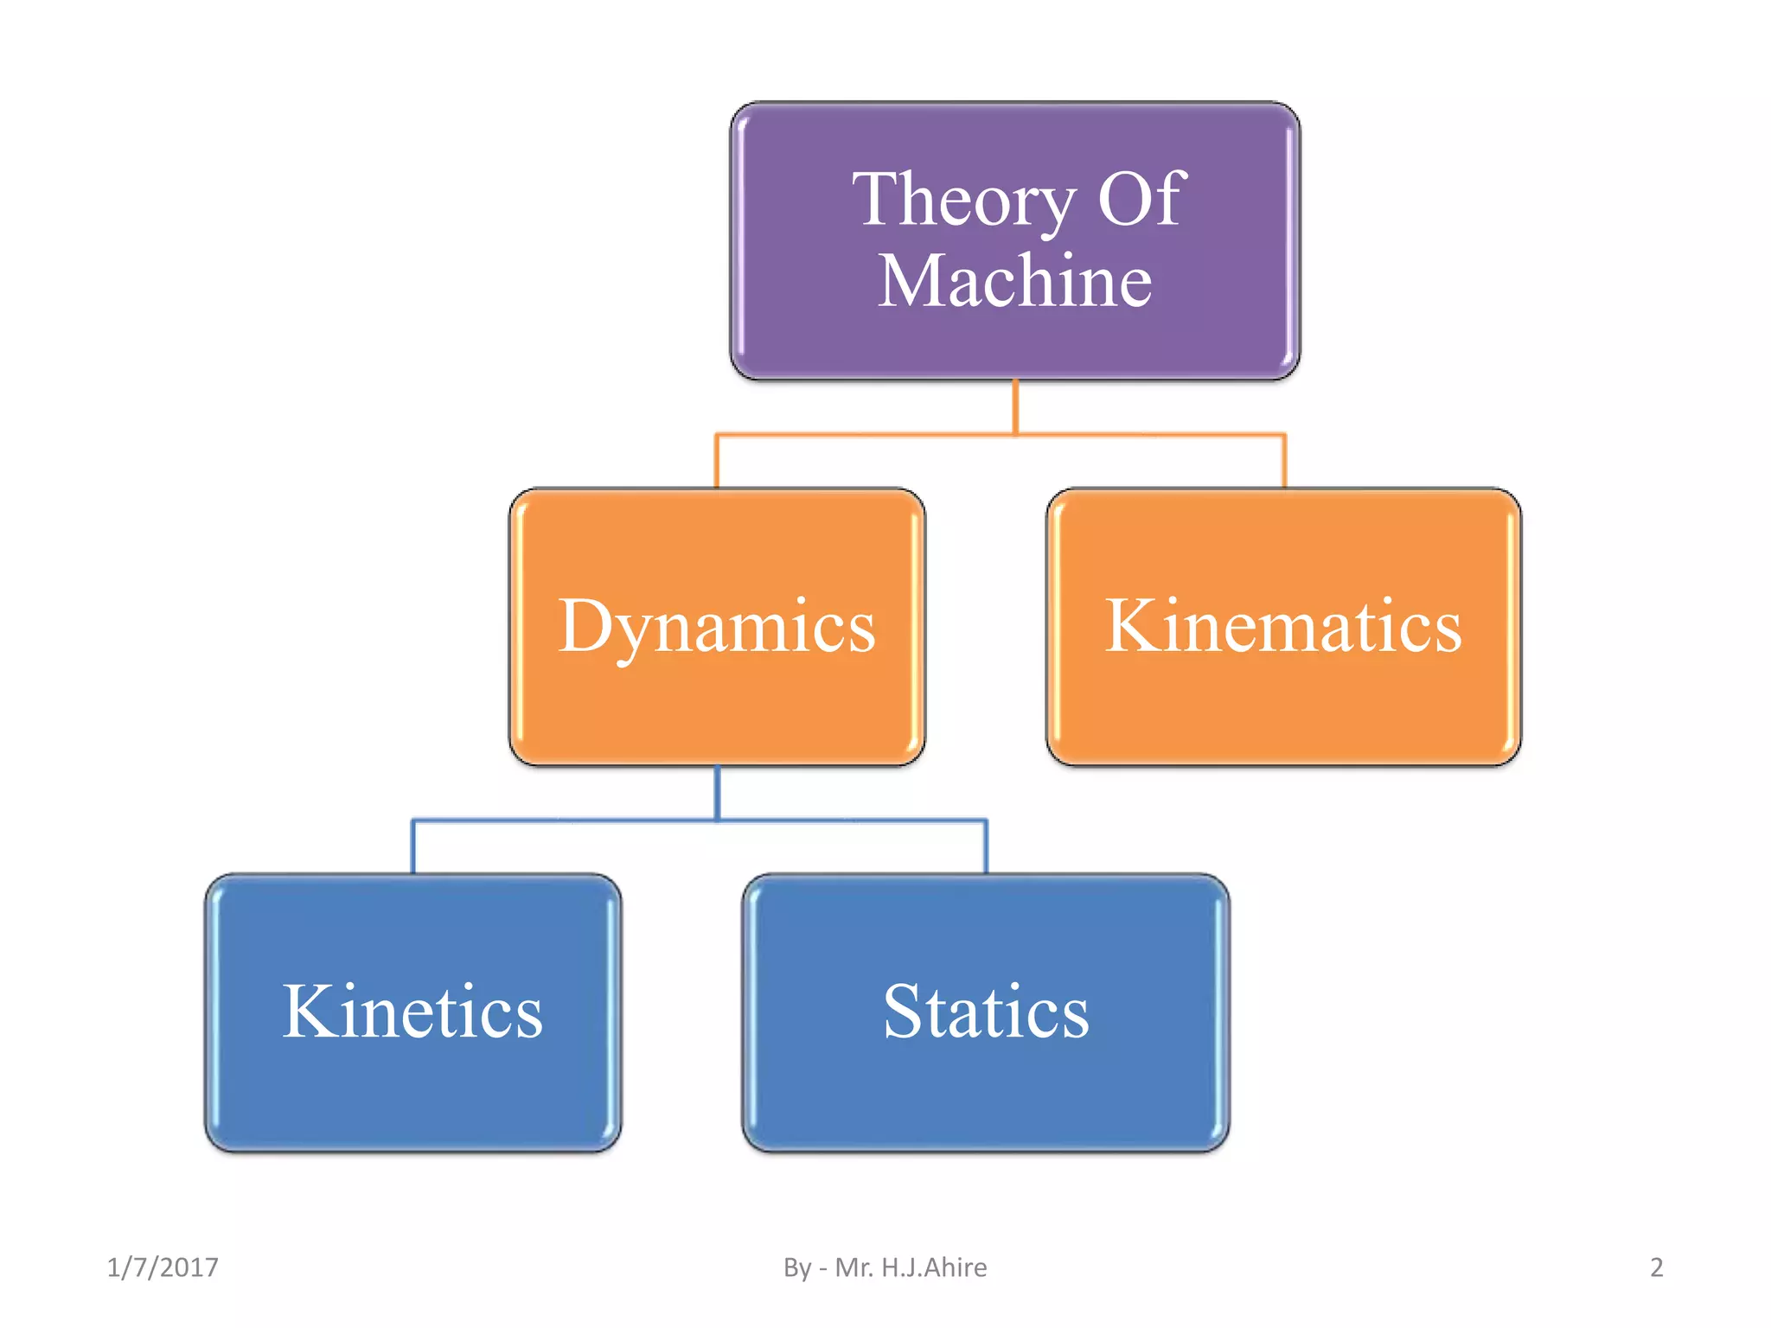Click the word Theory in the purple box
pyautogui.click(x=962, y=201)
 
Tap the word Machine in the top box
pyautogui.click(x=1015, y=281)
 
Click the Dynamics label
pyautogui.click(x=717, y=627)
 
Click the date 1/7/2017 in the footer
pyautogui.click(x=163, y=1267)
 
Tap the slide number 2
pyautogui.click(x=1656, y=1267)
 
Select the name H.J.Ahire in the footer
pyautogui.click(x=934, y=1267)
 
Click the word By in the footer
pyautogui.click(x=796, y=1267)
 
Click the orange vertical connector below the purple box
pyautogui.click(x=1015, y=406)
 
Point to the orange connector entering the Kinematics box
pyautogui.click(x=1284, y=463)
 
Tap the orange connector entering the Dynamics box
pyautogui.click(x=716, y=463)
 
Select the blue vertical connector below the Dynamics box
pyautogui.click(x=717, y=791)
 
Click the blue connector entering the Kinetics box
pyautogui.click(x=412, y=847)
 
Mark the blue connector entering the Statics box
pyautogui.click(x=986, y=847)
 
